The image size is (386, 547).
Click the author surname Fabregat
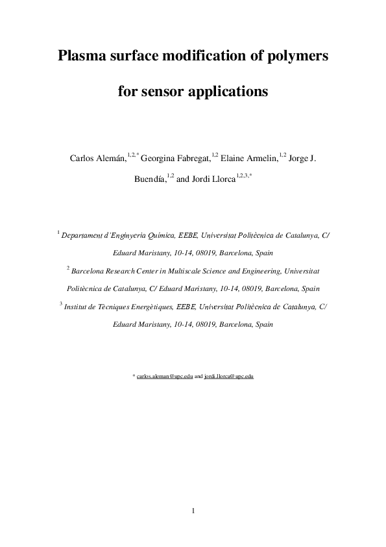pyautogui.click(x=191, y=159)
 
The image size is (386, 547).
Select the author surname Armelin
pyautogui.click(x=260, y=159)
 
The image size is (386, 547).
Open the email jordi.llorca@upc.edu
pyautogui.click(x=228, y=376)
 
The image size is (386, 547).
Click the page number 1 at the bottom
pyautogui.click(x=193, y=511)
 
